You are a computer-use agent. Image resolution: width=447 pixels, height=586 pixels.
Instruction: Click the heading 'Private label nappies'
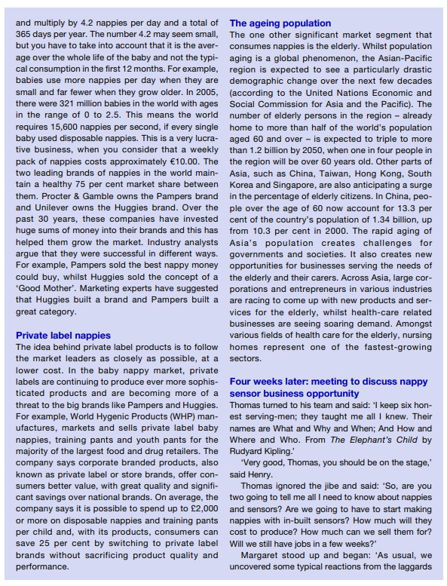63,335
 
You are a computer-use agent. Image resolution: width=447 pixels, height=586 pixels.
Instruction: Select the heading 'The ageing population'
280,23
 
